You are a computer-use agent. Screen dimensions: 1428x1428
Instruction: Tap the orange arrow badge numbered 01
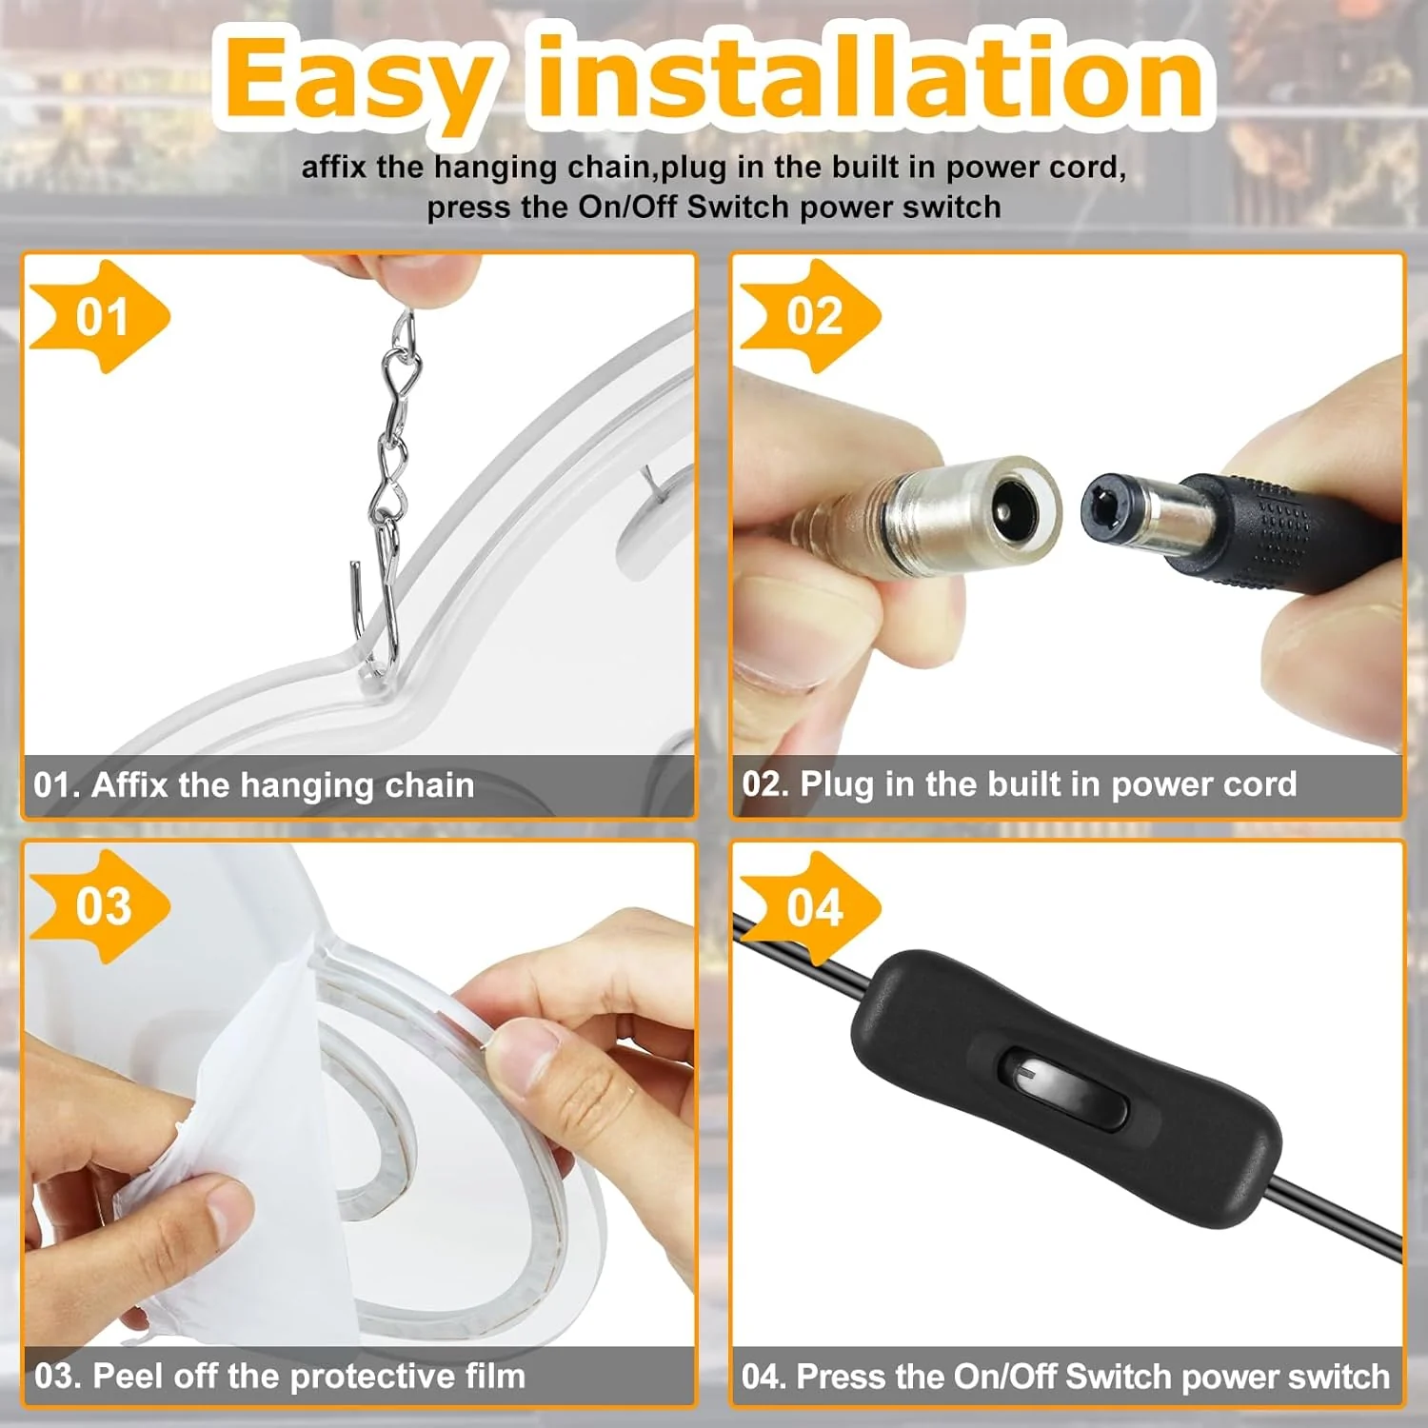(x=100, y=316)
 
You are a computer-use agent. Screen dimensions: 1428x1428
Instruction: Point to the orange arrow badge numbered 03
(x=100, y=906)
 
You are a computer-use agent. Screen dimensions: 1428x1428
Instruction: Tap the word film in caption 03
(x=495, y=1376)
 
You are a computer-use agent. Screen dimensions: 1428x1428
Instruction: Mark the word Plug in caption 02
(x=837, y=784)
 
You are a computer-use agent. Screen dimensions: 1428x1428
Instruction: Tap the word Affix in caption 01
(x=129, y=785)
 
